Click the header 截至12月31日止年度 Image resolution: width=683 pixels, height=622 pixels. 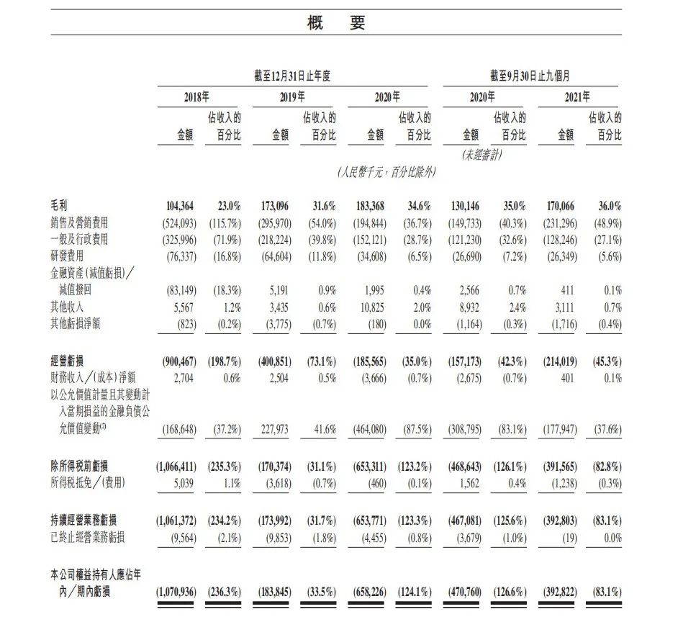click(291, 76)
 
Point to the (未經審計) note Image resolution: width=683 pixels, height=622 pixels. click(481, 154)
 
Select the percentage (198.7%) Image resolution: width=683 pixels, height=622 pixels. click(224, 361)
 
